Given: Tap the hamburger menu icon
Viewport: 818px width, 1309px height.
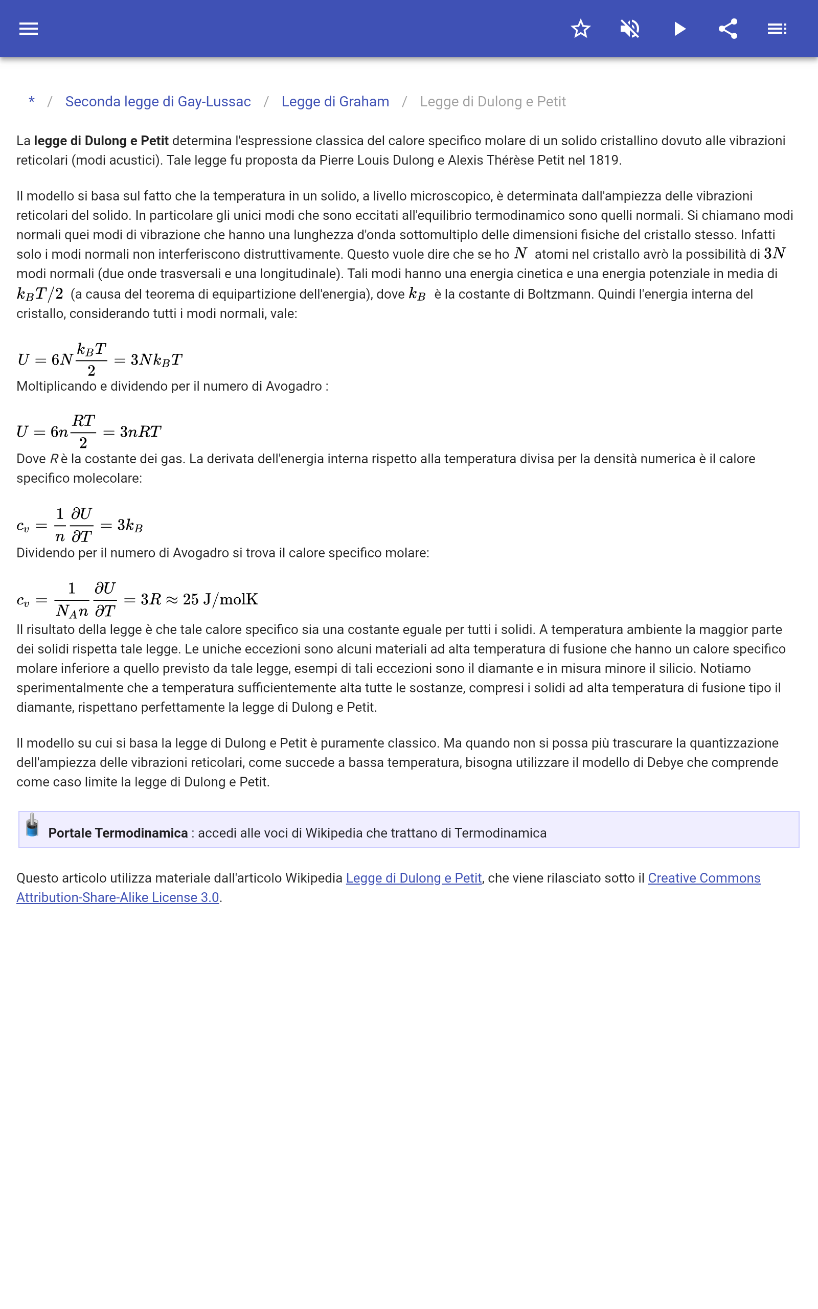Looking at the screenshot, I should (x=29, y=29).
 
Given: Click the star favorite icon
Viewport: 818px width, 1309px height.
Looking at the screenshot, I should (x=580, y=29).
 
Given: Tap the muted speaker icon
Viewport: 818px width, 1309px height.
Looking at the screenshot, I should (x=630, y=29).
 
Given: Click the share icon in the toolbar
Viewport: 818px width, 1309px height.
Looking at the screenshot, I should (x=728, y=29).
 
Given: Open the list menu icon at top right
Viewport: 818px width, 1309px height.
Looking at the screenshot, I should (x=777, y=29).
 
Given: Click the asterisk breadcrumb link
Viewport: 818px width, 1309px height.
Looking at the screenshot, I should (x=32, y=101).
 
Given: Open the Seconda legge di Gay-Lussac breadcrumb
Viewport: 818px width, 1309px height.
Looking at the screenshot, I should (x=158, y=102).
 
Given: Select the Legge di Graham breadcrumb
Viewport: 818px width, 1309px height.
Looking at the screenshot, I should (x=335, y=102).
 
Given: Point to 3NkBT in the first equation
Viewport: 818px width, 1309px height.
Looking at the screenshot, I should (x=156, y=359).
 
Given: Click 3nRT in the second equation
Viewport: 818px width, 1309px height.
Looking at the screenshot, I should (x=141, y=432).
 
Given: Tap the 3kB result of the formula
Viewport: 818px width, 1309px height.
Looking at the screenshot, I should (x=130, y=525).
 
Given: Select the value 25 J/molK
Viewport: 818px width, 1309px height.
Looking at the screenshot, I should (x=220, y=599).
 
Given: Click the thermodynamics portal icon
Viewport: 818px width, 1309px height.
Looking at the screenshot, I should (x=32, y=825).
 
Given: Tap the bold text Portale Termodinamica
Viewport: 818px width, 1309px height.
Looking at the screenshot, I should (x=118, y=833).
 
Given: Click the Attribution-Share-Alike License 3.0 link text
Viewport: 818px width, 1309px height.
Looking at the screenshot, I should (x=118, y=897).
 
